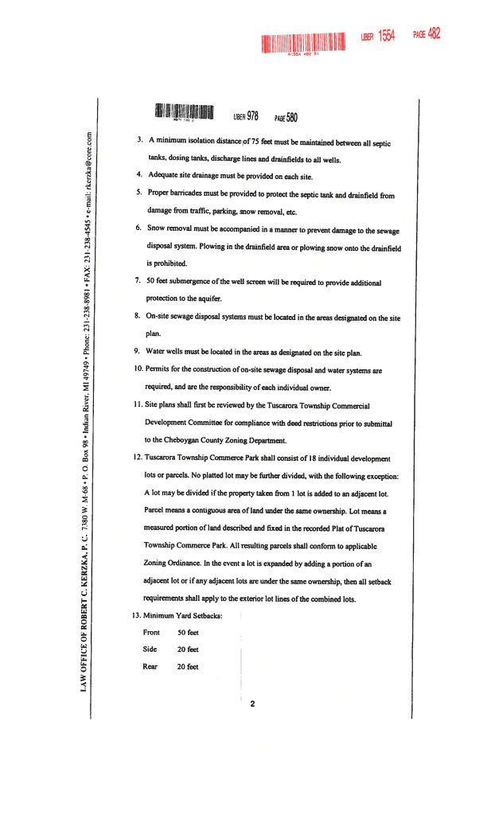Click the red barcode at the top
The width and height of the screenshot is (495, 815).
pyautogui.click(x=304, y=41)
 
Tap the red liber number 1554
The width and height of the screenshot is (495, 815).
pyautogui.click(x=386, y=36)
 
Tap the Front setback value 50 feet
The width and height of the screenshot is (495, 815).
pyautogui.click(x=188, y=633)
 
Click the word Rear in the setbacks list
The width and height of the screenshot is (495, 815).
pyautogui.click(x=150, y=666)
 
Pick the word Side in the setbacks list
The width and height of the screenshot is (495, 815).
pyautogui.click(x=150, y=649)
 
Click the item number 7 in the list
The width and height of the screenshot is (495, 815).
pyautogui.click(x=139, y=283)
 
